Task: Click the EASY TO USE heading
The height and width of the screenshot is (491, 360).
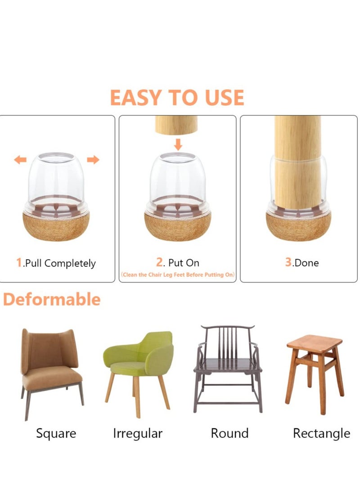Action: click(x=177, y=98)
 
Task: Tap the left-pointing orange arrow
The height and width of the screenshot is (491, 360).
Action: click(x=20, y=160)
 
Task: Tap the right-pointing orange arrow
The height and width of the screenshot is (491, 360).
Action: click(x=93, y=160)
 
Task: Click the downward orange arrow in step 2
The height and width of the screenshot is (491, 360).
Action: click(x=178, y=144)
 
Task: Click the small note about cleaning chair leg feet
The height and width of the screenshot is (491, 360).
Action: click(x=177, y=275)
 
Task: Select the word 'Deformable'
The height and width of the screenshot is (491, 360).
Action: click(x=52, y=299)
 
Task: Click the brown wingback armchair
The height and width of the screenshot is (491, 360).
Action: click(x=50, y=365)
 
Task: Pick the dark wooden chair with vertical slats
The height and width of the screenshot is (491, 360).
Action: click(x=228, y=367)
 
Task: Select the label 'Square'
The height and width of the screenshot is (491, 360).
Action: click(x=56, y=433)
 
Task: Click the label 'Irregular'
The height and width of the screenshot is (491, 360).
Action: click(x=138, y=433)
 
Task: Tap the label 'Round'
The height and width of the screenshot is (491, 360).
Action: click(x=229, y=433)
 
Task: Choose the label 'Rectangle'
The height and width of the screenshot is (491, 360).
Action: click(x=321, y=433)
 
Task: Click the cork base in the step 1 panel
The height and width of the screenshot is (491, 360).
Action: click(x=56, y=227)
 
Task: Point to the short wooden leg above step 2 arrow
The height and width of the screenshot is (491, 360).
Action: click(x=176, y=125)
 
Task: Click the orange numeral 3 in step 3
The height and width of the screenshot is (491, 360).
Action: click(x=288, y=262)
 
